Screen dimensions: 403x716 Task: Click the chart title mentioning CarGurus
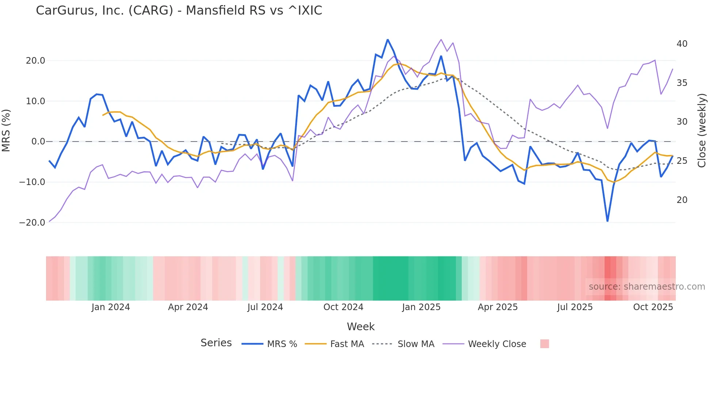pos(179,11)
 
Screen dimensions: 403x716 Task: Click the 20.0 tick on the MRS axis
pos(35,61)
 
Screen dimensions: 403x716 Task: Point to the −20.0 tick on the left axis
pos(32,222)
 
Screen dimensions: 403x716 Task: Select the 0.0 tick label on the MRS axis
pos(38,142)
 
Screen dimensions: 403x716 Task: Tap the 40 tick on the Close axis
pos(682,44)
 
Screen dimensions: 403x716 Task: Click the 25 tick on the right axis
pos(682,161)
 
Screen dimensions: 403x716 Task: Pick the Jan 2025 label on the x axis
pos(421,307)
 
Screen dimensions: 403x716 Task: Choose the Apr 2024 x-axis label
pos(188,307)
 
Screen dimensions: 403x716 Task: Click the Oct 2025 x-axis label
pos(653,307)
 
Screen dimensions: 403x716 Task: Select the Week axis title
pos(361,327)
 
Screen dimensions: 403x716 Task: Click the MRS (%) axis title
pos(6,130)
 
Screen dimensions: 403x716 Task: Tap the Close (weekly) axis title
pos(701,130)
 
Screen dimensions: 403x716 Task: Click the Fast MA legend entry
pos(347,344)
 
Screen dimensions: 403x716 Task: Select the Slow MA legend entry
pos(416,344)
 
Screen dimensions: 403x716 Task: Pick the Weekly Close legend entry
pos(497,344)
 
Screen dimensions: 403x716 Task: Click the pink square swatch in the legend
pos(544,344)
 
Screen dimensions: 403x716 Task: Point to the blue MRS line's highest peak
pos(388,40)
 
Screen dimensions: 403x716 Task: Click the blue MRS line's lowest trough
pos(608,221)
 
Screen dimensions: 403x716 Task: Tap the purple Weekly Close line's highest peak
pos(441,39)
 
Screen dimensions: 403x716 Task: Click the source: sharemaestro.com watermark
pos(647,287)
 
